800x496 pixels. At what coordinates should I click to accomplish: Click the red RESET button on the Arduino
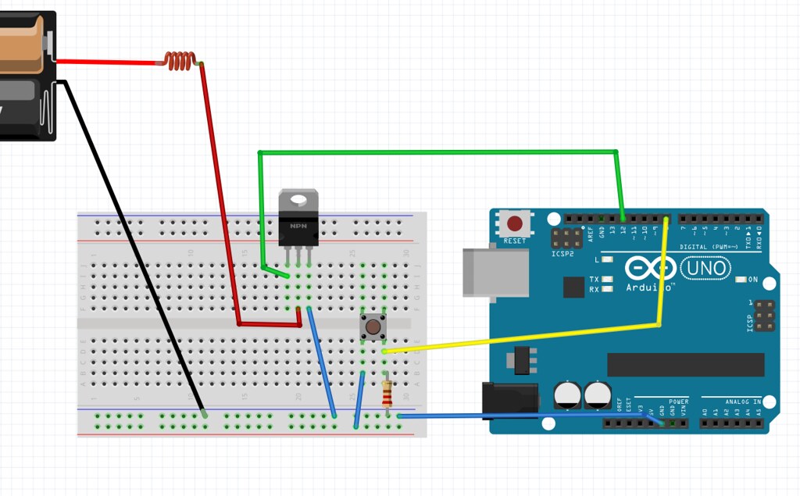(515, 222)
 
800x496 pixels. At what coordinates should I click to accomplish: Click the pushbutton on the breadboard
(373, 326)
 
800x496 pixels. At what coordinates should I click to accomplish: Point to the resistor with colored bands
(387, 392)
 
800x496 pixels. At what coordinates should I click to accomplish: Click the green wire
(437, 152)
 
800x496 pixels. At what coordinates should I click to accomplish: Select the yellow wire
(531, 337)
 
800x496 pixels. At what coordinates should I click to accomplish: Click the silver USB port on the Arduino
(479, 273)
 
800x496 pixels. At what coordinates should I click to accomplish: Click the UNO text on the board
(705, 269)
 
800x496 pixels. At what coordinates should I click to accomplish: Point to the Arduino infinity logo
(649, 269)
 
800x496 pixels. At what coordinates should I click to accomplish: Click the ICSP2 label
(562, 254)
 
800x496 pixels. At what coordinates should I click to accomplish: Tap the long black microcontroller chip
(685, 364)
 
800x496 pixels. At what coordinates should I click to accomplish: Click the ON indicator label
(753, 280)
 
